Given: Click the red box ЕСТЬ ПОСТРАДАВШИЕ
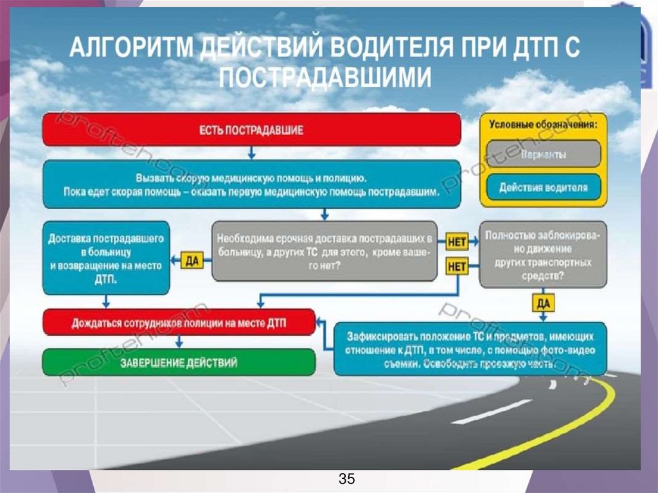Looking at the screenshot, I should click(x=252, y=129).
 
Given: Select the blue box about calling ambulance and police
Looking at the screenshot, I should click(x=252, y=184).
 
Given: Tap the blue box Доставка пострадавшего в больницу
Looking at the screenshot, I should click(x=106, y=256).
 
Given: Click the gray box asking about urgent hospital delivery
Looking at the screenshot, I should click(x=324, y=251).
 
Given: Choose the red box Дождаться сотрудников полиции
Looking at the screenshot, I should click(x=179, y=323).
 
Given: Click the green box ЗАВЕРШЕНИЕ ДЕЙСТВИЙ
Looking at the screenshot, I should click(x=179, y=363).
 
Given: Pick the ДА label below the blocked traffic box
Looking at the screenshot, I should click(x=543, y=302).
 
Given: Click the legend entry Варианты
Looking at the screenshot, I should click(x=543, y=154).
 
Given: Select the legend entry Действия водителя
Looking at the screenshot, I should click(x=543, y=187).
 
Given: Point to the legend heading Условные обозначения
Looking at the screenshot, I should click(x=543, y=124).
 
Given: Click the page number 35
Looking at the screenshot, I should click(x=346, y=479).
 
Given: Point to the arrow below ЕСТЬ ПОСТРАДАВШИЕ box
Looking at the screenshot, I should click(x=252, y=153).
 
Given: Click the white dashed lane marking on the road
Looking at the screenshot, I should click(x=491, y=412).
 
